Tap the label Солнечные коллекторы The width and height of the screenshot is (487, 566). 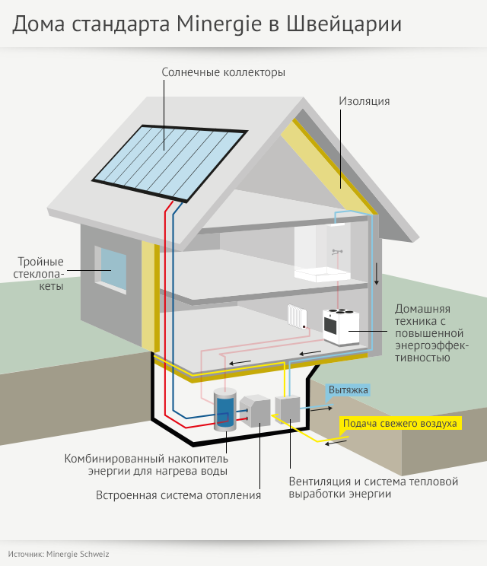(x=223, y=73)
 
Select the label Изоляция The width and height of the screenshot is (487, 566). (x=364, y=100)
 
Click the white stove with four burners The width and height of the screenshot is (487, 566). (x=340, y=326)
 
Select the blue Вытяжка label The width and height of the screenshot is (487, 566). (x=349, y=390)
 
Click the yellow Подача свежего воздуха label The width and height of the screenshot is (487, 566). (x=399, y=423)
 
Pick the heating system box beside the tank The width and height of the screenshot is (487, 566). (x=256, y=412)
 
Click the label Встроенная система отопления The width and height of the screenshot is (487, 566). (x=178, y=495)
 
